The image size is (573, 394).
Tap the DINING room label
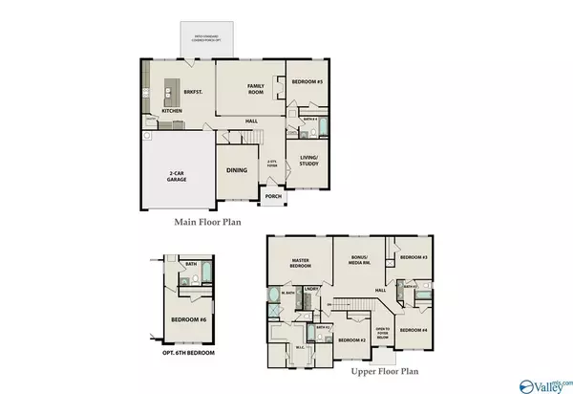pyautogui.click(x=236, y=170)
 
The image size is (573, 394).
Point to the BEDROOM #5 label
pyautogui.click(x=308, y=83)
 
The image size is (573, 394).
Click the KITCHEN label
pyautogui.click(x=172, y=111)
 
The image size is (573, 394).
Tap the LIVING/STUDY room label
pyautogui.click(x=308, y=161)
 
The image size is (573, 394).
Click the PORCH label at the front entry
pyautogui.click(x=273, y=197)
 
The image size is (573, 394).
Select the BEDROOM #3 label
pyautogui.click(x=413, y=257)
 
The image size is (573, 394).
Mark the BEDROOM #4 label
pyautogui.click(x=413, y=330)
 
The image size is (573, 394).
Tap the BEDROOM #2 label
pyautogui.click(x=351, y=339)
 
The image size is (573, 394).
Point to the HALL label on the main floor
pyautogui.click(x=251, y=120)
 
